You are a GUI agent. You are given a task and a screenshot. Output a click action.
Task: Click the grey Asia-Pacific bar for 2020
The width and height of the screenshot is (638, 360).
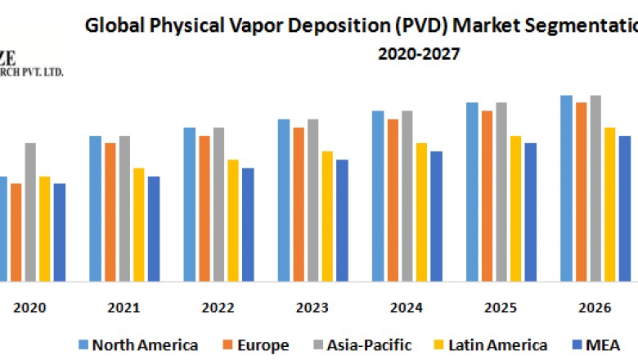tap(30, 212)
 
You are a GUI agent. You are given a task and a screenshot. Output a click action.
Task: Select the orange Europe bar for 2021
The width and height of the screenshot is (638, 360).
tap(110, 212)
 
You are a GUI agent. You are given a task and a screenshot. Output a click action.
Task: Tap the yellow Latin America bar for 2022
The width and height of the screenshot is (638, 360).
tap(233, 220)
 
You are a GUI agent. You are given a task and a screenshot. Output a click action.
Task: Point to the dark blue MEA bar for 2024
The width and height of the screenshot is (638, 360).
tap(436, 216)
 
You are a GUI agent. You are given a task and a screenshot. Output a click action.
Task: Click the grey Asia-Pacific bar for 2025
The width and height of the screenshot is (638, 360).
tap(501, 191)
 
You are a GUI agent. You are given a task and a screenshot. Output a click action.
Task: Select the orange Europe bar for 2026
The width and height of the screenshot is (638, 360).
tap(581, 191)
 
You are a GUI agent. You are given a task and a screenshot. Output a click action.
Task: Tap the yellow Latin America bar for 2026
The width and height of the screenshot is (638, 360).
tap(609, 205)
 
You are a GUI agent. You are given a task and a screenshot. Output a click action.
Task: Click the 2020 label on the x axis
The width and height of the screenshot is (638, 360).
tap(30, 308)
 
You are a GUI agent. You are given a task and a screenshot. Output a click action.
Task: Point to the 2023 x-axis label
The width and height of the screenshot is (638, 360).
tap(312, 308)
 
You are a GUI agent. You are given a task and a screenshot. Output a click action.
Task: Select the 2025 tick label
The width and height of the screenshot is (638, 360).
tap(500, 308)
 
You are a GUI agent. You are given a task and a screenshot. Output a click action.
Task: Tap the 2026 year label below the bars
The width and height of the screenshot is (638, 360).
tap(594, 308)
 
